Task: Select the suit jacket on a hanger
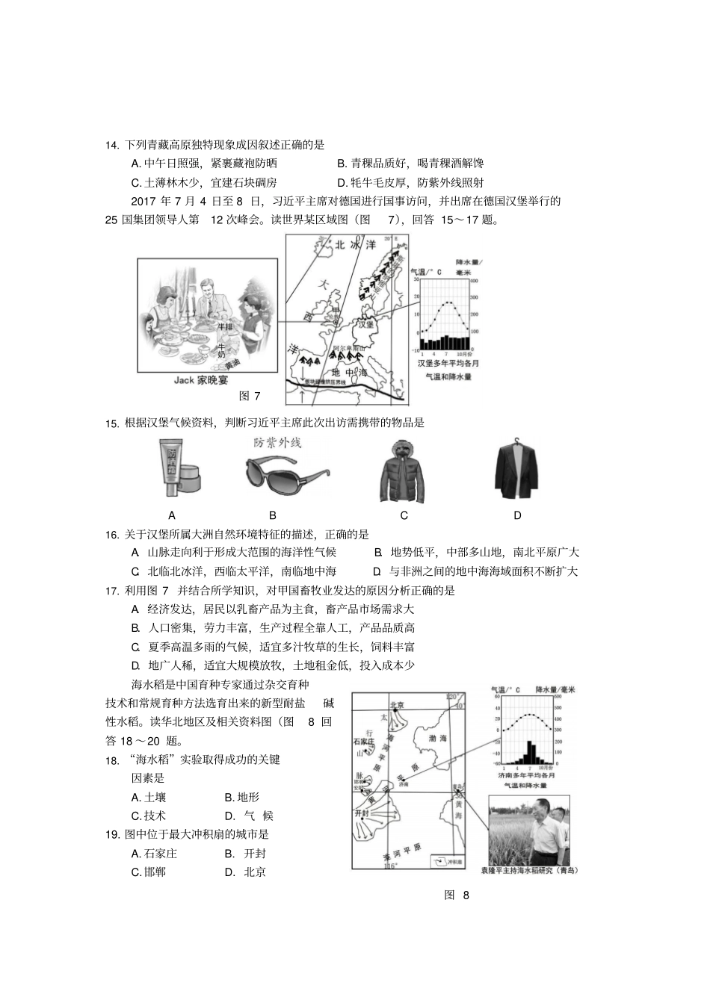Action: [517, 470]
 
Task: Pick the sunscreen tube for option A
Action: [174, 468]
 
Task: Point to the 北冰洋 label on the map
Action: [351, 244]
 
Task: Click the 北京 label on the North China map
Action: [396, 705]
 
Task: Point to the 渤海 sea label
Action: [437, 738]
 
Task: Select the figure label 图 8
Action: [456, 895]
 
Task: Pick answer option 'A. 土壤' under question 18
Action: [148, 797]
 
